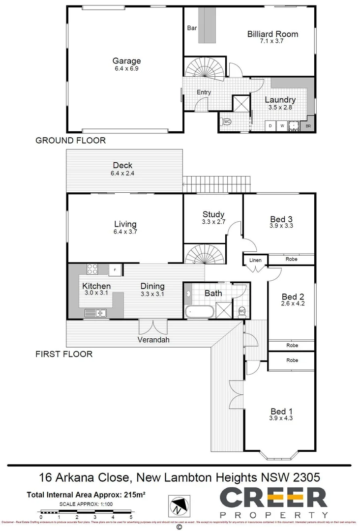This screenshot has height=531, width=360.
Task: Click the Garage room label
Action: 126,61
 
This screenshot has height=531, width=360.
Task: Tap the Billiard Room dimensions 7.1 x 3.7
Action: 272,42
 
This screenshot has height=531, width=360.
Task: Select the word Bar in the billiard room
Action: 192,28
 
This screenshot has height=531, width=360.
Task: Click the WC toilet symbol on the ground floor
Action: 227,121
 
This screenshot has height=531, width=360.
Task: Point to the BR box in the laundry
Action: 308,126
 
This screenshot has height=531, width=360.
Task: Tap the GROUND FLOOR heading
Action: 70,141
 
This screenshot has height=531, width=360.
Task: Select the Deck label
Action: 122,166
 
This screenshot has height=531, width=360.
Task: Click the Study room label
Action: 213,214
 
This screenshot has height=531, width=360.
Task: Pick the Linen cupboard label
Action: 255,260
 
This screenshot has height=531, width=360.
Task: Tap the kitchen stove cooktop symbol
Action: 92,269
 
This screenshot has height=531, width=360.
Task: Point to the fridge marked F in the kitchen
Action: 116,269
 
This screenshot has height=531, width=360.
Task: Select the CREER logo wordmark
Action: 273,498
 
